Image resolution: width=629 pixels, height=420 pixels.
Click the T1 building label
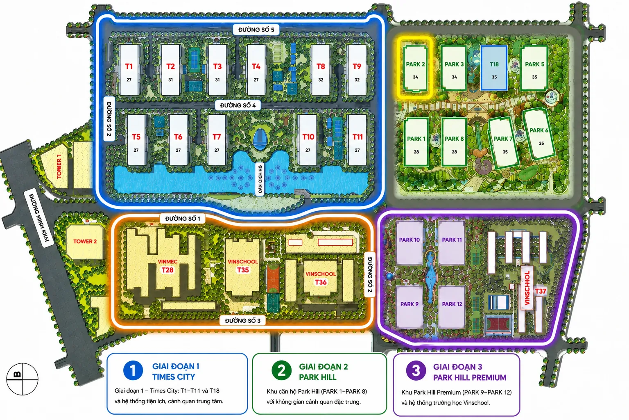point(129,66)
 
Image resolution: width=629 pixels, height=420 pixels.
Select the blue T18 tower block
point(494,68)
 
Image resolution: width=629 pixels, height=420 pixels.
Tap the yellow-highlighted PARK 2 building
point(415,68)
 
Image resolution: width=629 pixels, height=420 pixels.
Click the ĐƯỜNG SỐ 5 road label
point(256,30)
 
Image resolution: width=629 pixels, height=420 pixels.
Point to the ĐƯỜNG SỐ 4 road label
point(238,105)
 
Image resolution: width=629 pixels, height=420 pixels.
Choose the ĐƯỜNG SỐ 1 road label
point(183,219)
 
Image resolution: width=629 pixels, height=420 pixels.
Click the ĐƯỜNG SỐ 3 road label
point(242,320)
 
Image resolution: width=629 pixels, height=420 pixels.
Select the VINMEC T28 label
point(167,266)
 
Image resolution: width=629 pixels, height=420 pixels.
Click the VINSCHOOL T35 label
point(242,266)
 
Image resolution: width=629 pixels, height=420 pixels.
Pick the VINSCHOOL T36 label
point(320,278)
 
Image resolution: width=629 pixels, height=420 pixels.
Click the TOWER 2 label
point(85,241)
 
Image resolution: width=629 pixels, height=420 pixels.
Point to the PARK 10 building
point(410,242)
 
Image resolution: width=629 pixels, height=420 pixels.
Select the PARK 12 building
point(452,307)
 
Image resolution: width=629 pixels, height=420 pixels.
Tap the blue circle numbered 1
point(133,370)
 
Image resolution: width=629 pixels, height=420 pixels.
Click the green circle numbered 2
point(281,370)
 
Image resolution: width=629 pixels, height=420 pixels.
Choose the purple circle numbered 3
point(416,370)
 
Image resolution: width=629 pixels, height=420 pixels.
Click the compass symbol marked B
point(22,379)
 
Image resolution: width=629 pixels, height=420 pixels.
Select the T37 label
point(541,291)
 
